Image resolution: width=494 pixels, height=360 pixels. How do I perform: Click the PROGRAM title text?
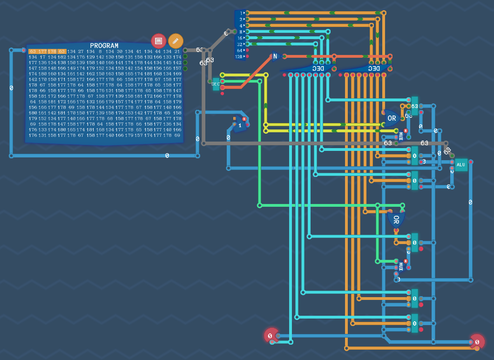104,46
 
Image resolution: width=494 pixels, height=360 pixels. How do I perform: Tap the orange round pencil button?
176,41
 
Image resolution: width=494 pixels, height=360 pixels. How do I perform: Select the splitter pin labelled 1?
242,13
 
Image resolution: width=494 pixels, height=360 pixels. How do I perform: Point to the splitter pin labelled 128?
240,56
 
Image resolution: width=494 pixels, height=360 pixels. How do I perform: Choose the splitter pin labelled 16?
240,38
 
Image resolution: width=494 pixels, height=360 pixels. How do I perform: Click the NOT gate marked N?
275,56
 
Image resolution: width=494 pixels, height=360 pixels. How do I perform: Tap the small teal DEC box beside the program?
216,84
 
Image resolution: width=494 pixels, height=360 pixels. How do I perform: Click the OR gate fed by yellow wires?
391,118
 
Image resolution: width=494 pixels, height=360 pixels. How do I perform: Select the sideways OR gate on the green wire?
396,219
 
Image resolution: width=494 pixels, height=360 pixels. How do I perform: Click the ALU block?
461,164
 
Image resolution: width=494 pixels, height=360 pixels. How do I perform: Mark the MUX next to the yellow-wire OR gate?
400,136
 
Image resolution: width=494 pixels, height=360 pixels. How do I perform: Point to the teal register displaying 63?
414,106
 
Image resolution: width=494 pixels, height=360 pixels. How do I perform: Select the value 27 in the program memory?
81,51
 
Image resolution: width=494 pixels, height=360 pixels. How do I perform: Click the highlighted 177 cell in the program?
42,51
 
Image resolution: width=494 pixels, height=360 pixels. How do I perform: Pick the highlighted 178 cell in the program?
52,51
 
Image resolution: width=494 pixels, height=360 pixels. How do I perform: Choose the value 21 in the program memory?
177,51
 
